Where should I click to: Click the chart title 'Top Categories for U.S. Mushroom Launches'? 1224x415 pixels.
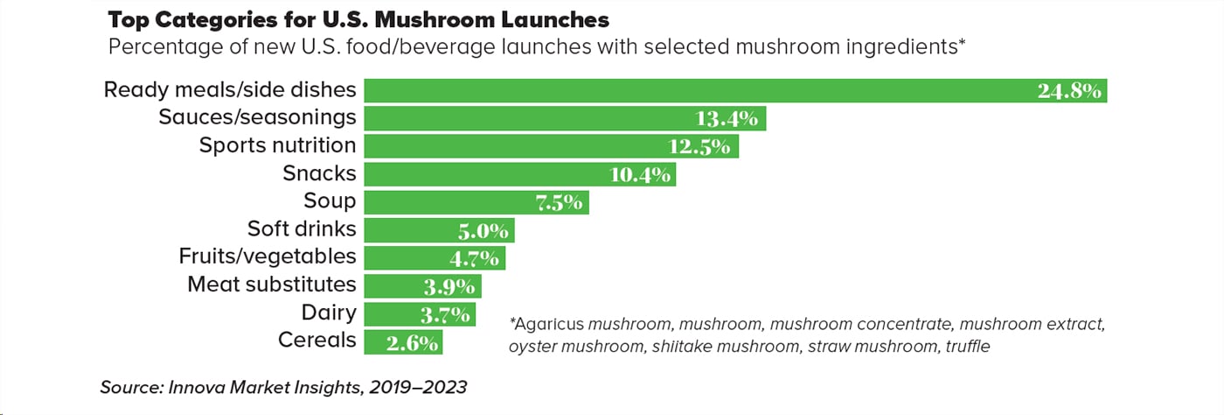(358, 19)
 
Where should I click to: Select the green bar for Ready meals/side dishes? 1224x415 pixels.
(699, 90)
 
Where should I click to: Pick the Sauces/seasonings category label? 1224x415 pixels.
(257, 117)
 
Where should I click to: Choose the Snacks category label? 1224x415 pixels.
(319, 173)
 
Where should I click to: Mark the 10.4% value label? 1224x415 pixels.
(640, 175)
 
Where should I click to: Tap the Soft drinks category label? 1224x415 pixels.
(302, 229)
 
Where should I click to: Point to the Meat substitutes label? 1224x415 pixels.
(272, 285)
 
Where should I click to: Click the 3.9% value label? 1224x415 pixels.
(449, 287)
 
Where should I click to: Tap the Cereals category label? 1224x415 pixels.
(316, 340)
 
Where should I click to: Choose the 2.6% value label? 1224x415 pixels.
(412, 342)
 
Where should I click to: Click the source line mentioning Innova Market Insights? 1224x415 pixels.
(284, 387)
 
